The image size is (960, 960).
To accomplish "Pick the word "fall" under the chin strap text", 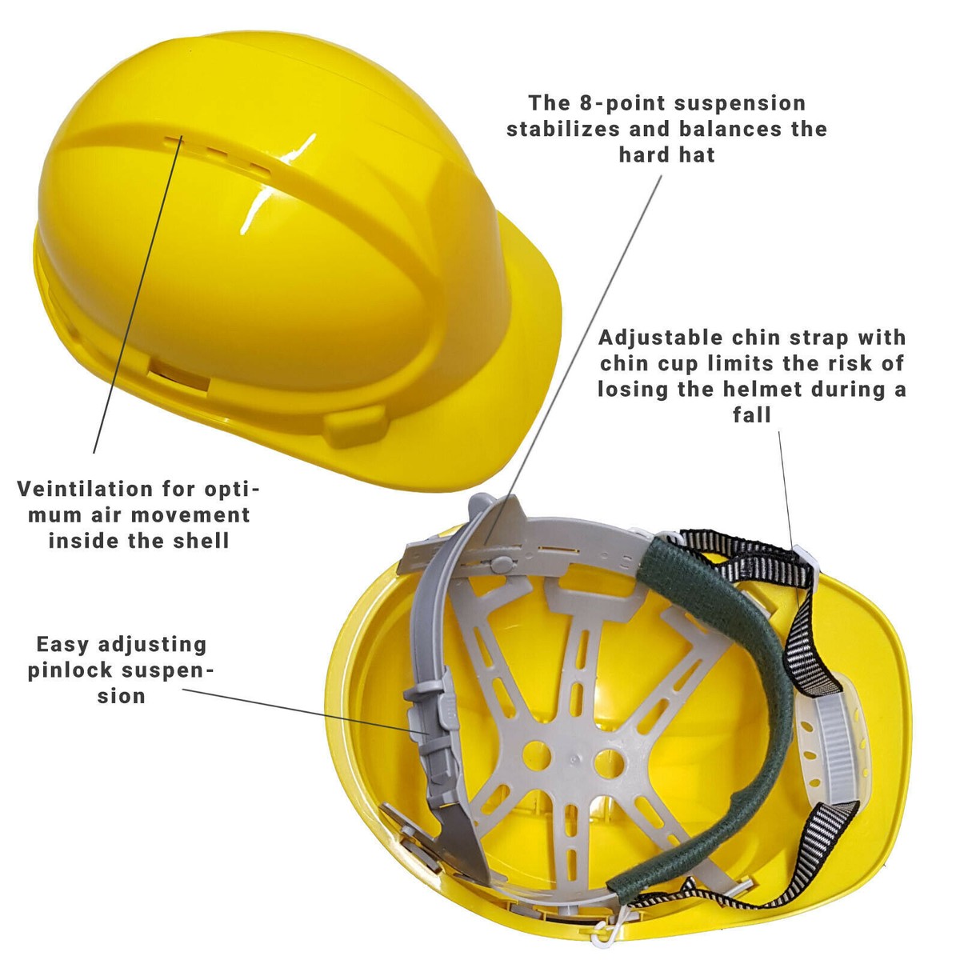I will coord(752,414).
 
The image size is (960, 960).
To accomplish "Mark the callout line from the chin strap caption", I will coord(786,488).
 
